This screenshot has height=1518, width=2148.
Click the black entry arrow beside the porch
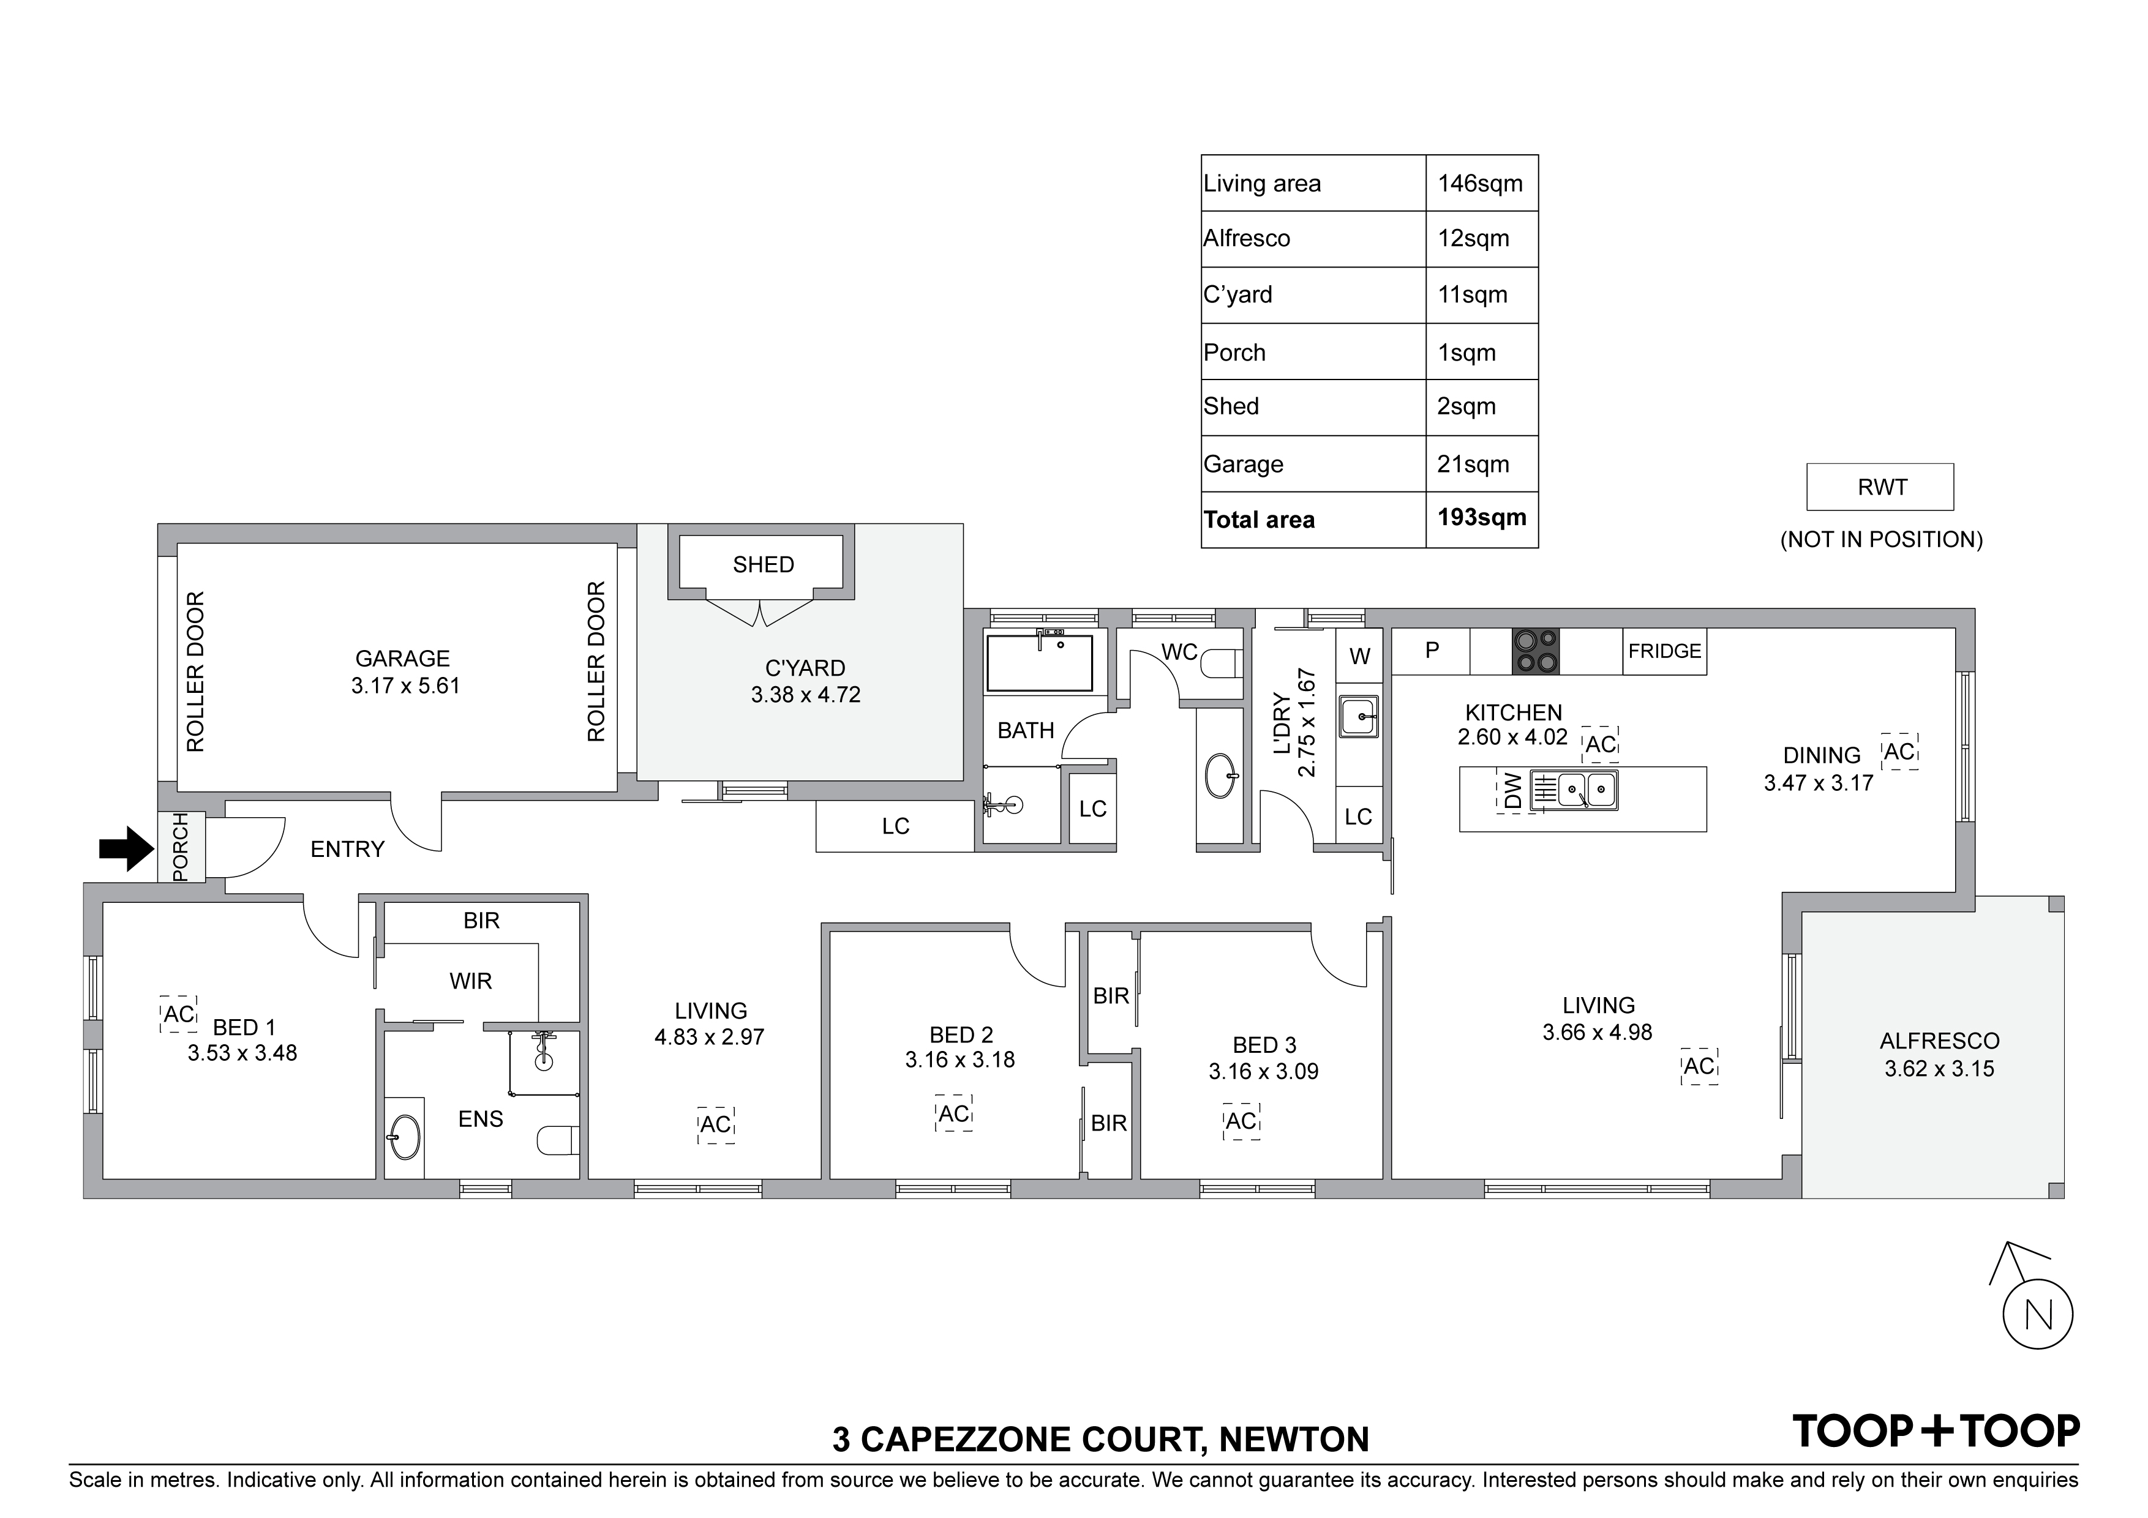(x=126, y=849)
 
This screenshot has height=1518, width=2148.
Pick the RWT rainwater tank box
(x=1880, y=487)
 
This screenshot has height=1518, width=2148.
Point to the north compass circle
(x=2038, y=1314)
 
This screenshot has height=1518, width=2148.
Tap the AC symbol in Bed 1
(x=179, y=1014)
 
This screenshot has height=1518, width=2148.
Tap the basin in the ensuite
(x=404, y=1138)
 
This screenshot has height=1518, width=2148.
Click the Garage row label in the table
(x=1244, y=464)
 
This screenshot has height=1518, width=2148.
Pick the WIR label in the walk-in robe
(x=471, y=981)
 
